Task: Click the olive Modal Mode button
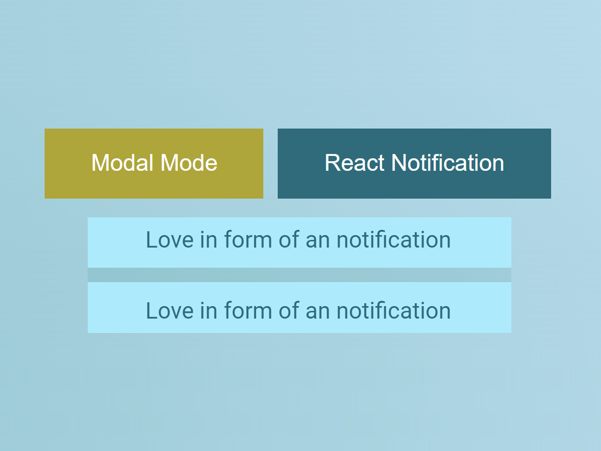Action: (x=154, y=163)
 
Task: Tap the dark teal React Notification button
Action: (x=414, y=163)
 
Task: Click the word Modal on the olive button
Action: (x=123, y=163)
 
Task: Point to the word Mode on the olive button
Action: (x=189, y=163)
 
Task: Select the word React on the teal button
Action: (x=354, y=163)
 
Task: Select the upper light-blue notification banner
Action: (x=299, y=242)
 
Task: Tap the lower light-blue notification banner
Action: (x=299, y=308)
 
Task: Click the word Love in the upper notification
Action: (x=170, y=240)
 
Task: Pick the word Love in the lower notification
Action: (x=170, y=311)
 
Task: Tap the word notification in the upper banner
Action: (x=393, y=240)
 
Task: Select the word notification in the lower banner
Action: (x=393, y=311)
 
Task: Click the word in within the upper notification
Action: (x=208, y=240)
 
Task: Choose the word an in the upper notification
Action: (x=317, y=240)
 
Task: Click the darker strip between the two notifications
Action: (x=299, y=275)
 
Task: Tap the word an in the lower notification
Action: (x=317, y=311)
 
